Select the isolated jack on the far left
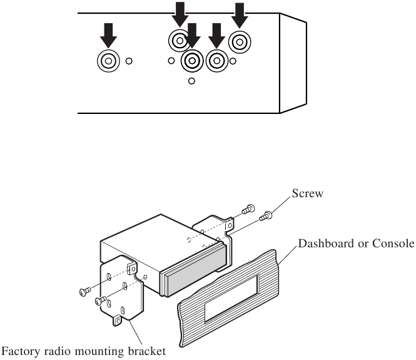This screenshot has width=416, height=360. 108,61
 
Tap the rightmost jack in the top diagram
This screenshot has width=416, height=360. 240,43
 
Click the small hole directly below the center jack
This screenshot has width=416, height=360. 191,80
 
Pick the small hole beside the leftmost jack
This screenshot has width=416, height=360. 129,61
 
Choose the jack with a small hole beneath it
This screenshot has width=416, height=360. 191,61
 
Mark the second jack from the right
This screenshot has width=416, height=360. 216,61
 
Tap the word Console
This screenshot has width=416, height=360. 393,243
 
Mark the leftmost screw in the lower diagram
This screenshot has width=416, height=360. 85,291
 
